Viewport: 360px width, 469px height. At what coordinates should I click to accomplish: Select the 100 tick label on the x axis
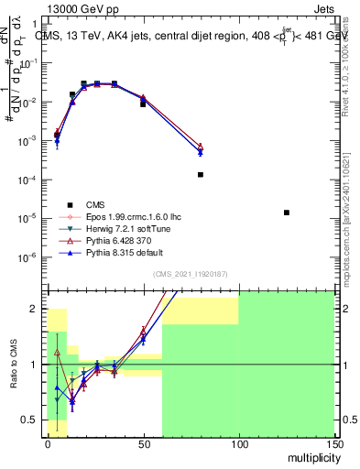click(x=238, y=443)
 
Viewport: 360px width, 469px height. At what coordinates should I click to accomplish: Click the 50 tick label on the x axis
click(x=143, y=443)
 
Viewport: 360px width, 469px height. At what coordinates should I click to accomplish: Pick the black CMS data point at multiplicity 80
click(x=201, y=174)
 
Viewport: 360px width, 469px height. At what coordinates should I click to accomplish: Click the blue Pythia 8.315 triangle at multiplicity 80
click(x=201, y=152)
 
